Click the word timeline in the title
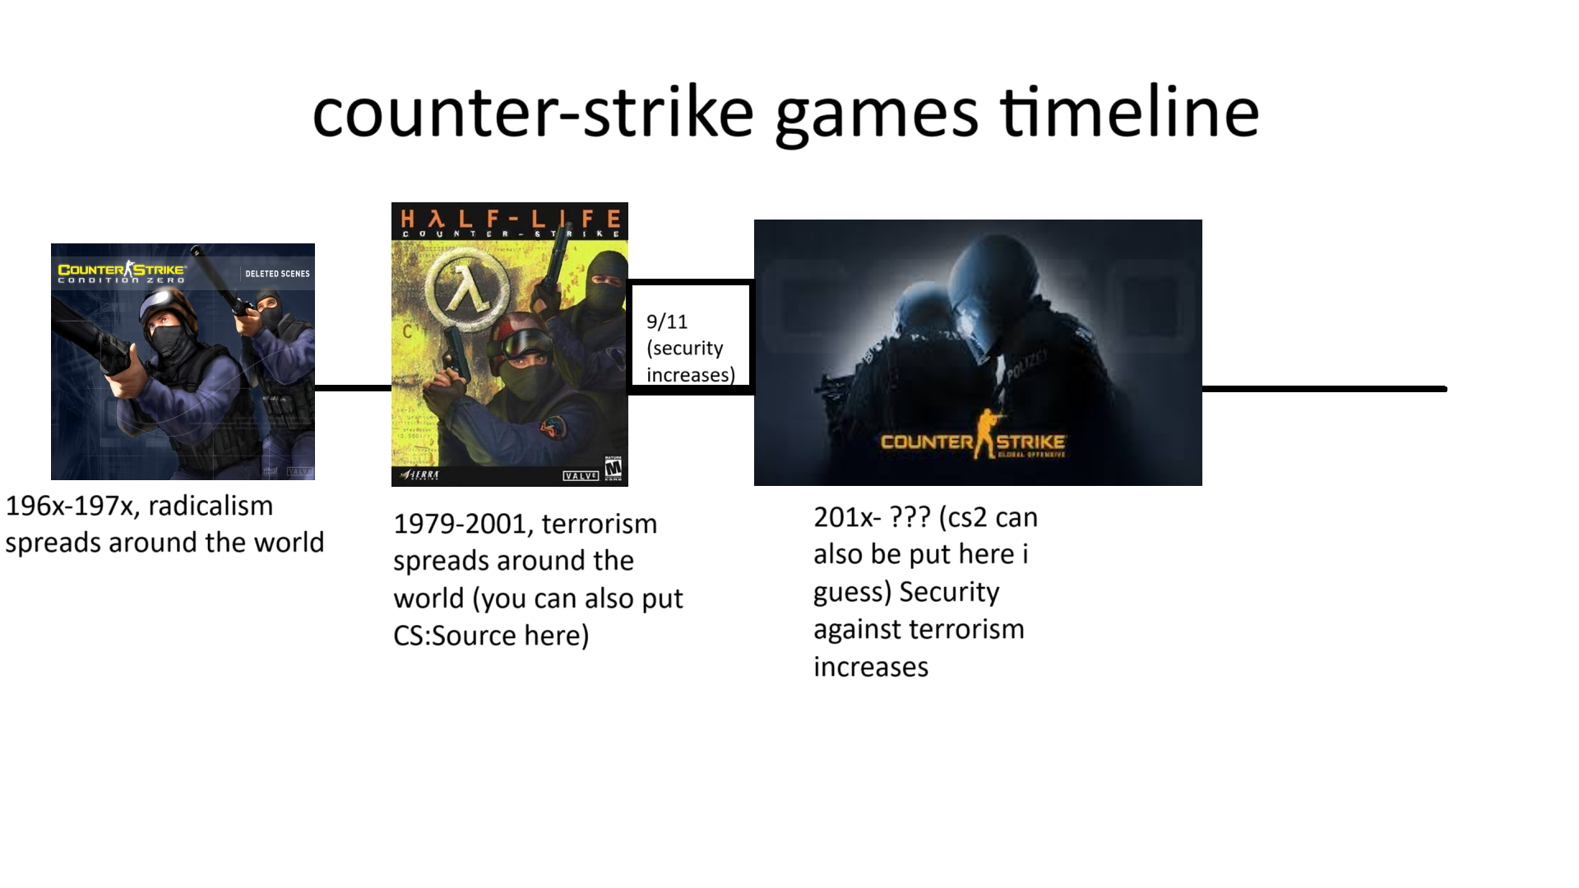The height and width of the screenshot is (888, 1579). coord(1129,113)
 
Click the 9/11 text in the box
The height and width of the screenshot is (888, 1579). coord(666,321)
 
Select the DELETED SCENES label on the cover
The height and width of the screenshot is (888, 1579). coord(277,274)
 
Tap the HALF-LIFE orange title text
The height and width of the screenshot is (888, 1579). coord(510,219)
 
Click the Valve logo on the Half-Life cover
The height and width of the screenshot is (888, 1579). coord(580,476)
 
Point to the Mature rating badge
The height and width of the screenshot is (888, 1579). coord(614,469)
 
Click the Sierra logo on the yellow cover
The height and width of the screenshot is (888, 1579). coord(420,475)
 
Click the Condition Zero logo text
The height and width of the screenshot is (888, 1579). coord(121,274)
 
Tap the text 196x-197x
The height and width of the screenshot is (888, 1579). coord(71,506)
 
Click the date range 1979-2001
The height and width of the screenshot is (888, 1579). coord(461,524)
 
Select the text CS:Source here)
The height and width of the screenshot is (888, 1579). coord(491,636)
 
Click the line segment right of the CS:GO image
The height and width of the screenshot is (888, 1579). coord(1324,389)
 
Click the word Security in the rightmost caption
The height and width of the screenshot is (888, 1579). coord(949,592)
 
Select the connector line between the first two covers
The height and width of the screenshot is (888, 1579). coord(353,388)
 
